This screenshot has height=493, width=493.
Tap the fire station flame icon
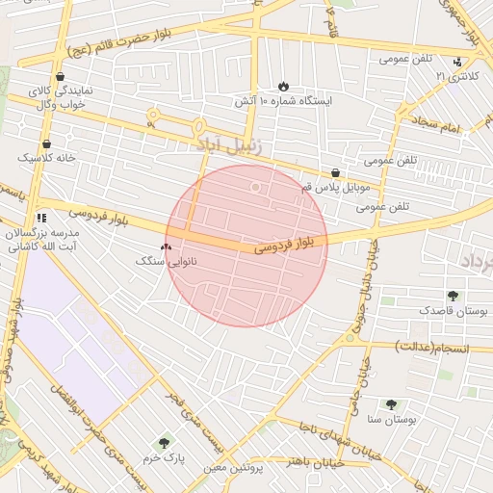pyautogui.click(x=283, y=86)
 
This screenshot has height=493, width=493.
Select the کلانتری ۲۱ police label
pyautogui.click(x=455, y=75)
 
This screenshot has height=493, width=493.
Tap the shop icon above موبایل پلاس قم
pyautogui.click(x=335, y=172)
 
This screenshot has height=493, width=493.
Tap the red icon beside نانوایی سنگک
pyautogui.click(x=167, y=247)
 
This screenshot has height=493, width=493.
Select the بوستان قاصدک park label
pyautogui.click(x=454, y=311)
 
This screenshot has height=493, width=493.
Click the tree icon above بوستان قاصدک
pyautogui.click(x=453, y=297)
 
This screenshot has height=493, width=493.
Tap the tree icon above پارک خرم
pyautogui.click(x=165, y=443)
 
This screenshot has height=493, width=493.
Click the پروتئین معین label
pyautogui.click(x=233, y=468)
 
